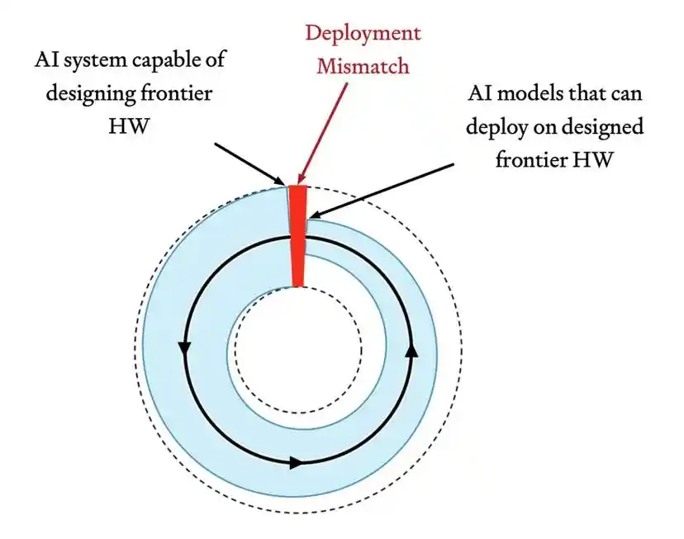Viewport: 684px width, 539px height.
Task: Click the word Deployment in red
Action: [363, 35]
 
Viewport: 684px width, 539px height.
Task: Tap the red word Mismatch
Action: [363, 67]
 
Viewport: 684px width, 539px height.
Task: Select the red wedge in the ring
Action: [298, 236]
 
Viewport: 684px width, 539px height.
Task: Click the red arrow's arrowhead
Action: [301, 178]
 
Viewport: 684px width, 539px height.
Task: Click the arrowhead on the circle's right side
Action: [411, 350]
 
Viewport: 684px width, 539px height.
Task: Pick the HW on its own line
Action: [129, 126]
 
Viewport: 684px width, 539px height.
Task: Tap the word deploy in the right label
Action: [495, 127]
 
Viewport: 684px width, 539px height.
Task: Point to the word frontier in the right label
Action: [530, 160]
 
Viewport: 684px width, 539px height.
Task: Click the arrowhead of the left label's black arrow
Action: [279, 180]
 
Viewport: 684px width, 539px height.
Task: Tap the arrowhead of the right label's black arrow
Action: [315, 215]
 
